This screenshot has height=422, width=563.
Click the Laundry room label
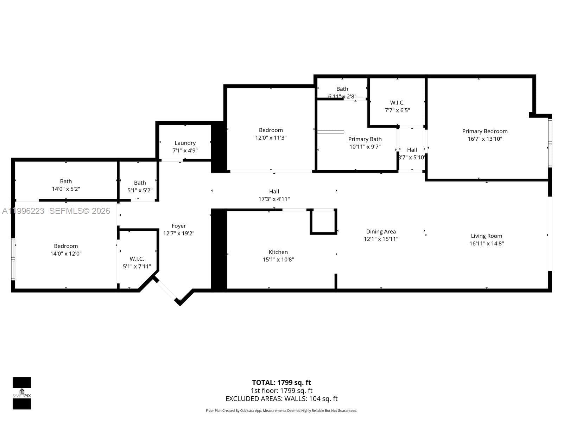pyautogui.click(x=185, y=143)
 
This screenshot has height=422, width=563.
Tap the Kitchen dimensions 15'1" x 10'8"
pyautogui.click(x=278, y=260)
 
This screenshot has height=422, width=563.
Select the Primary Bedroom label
pyautogui.click(x=485, y=131)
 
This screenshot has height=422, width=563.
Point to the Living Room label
pyautogui.click(x=486, y=236)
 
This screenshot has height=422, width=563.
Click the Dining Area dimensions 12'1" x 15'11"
pyautogui.click(x=381, y=239)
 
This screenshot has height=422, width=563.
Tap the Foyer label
pyautogui.click(x=178, y=226)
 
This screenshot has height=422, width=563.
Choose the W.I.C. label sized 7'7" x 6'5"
pyautogui.click(x=397, y=103)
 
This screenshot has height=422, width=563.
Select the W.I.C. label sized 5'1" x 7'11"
pyautogui.click(x=137, y=259)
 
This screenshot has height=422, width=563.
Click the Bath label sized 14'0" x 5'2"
pyautogui.click(x=66, y=181)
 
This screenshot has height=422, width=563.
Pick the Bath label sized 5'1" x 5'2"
pyautogui.click(x=140, y=183)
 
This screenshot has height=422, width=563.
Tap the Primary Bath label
pyautogui.click(x=365, y=139)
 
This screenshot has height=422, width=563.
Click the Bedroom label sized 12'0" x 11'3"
pyautogui.click(x=271, y=130)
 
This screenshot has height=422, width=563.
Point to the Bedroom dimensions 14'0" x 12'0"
pyautogui.click(x=66, y=254)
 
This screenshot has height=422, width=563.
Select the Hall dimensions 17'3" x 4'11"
pyautogui.click(x=274, y=199)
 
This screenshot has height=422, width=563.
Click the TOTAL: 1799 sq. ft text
pyautogui.click(x=281, y=383)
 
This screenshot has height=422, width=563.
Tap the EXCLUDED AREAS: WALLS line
pyautogui.click(x=281, y=399)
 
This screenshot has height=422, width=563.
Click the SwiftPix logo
pyautogui.click(x=22, y=393)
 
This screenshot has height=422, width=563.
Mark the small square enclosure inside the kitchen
pyautogui.click(x=323, y=222)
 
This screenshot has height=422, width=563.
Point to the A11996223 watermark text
pyautogui.click(x=23, y=211)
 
